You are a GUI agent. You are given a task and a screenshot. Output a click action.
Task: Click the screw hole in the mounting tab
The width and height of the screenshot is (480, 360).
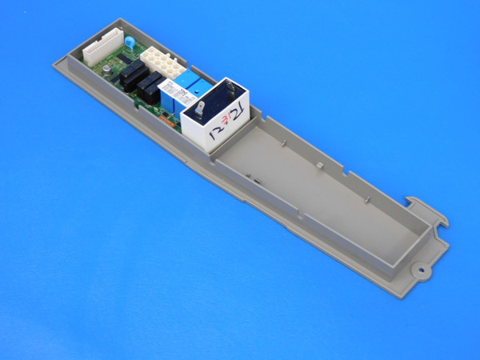[x=420, y=270]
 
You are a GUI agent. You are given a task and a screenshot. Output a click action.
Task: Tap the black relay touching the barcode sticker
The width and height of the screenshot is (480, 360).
[x=150, y=87]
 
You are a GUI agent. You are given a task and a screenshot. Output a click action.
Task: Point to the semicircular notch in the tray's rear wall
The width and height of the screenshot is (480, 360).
[x=351, y=171]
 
